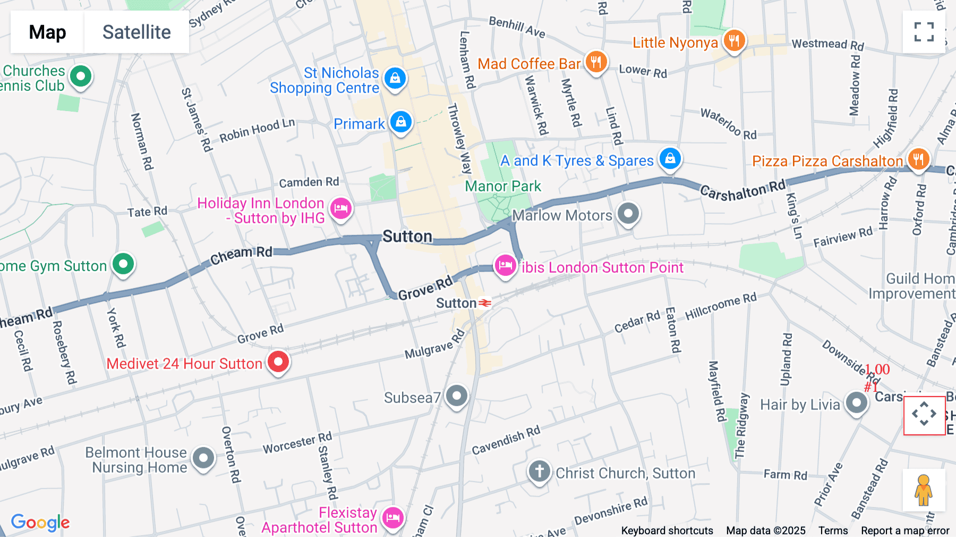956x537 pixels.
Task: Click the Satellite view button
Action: click(136, 32)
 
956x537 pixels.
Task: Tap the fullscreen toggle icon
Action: click(924, 32)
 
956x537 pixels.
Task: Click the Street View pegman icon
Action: click(924, 490)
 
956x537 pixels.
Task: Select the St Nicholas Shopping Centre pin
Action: click(395, 79)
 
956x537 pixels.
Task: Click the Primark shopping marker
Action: click(401, 122)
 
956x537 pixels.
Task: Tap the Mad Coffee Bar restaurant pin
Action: click(596, 62)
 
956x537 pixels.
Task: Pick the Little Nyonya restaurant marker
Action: click(734, 40)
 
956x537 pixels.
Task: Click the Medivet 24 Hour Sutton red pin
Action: click(278, 362)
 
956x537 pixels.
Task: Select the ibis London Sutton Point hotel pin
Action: click(505, 265)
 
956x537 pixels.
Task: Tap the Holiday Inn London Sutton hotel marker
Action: click(341, 208)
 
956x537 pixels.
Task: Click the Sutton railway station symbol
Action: click(484, 303)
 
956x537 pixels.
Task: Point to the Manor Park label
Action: click(502, 186)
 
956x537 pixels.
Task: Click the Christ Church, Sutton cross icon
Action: click(539, 471)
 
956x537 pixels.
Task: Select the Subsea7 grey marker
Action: click(457, 396)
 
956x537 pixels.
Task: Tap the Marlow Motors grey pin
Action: click(628, 214)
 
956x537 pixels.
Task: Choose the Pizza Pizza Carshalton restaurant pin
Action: click(918, 158)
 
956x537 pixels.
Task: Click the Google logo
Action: click(40, 522)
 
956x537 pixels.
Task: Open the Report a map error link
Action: click(905, 531)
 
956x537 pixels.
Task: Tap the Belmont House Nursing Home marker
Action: click(203, 458)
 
